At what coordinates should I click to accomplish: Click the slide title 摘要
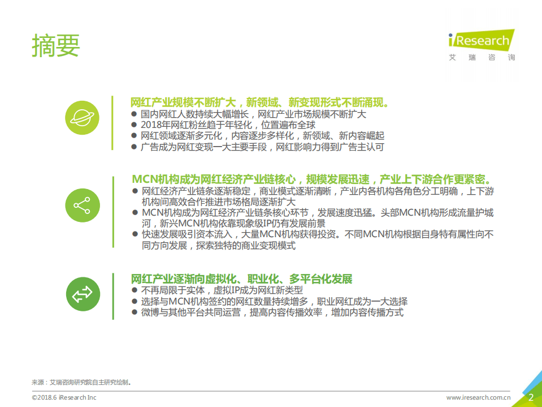(56, 45)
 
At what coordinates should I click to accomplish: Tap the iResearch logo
(481, 40)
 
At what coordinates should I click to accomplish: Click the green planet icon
(82, 118)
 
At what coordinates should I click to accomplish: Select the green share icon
(82, 205)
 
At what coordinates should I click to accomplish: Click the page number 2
(531, 397)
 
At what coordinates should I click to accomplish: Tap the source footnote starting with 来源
(81, 382)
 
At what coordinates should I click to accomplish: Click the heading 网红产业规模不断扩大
(259, 103)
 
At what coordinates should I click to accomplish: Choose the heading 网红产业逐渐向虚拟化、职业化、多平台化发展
(241, 279)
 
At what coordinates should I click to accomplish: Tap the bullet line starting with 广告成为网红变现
(262, 147)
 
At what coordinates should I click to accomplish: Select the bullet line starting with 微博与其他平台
(272, 312)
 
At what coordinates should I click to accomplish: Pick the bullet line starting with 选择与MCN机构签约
(274, 301)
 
